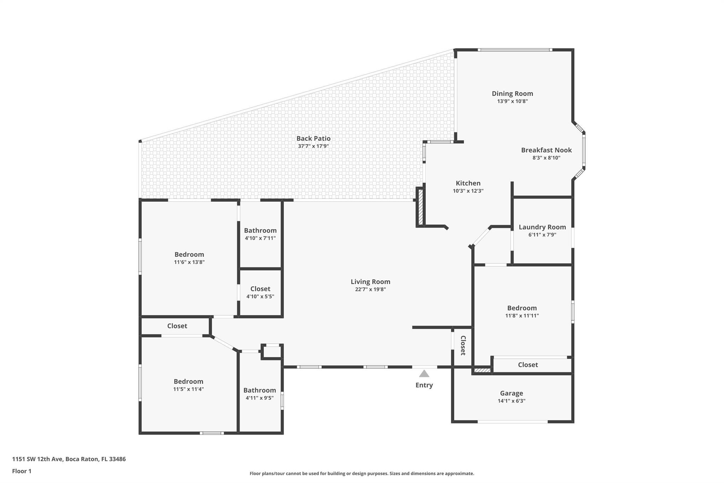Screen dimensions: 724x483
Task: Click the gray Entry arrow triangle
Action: pos(424,374)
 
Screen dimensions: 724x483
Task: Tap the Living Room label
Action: pos(370,282)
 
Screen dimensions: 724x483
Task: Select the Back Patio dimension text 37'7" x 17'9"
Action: pos(314,146)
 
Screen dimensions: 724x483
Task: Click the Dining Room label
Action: pos(512,93)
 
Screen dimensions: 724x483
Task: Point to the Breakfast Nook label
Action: pos(546,150)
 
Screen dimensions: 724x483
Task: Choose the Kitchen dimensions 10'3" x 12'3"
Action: pos(468,191)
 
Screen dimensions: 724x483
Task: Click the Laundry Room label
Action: pos(542,227)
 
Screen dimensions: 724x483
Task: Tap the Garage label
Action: pos(511,393)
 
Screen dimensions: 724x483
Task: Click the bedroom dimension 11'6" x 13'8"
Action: pos(189,262)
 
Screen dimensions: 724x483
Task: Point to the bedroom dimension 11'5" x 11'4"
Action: pos(188,389)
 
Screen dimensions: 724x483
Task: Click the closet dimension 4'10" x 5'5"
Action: pos(260,297)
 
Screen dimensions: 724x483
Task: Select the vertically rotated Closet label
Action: pos(463,345)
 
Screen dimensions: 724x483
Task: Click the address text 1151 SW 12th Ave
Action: pos(38,459)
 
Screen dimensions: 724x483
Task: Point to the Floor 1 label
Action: pos(22,471)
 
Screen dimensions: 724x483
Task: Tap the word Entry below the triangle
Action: pos(424,385)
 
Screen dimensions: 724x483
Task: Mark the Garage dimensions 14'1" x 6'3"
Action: pos(511,401)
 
